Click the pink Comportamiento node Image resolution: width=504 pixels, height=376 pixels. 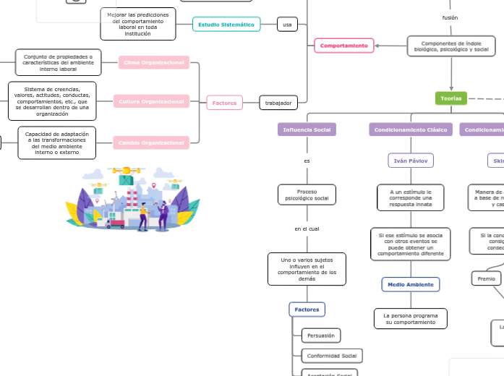[344, 46]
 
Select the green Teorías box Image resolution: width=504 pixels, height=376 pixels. [450, 98]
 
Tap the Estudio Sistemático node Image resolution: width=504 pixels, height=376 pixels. [226, 25]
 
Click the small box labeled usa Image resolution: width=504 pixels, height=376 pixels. [287, 25]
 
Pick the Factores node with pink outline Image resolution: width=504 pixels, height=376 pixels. [224, 103]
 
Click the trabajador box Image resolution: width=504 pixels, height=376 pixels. [278, 103]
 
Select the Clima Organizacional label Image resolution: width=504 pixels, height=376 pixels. [154, 63]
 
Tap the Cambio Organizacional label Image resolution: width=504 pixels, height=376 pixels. [154, 142]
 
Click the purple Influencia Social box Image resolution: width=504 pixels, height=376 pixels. [307, 129]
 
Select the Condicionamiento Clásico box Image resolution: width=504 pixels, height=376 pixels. [411, 129]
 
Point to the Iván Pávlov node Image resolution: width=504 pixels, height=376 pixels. [411, 160]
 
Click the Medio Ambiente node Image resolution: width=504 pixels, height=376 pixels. [411, 284]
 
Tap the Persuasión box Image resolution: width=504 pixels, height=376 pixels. [320, 336]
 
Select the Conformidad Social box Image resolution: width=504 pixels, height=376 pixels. [332, 356]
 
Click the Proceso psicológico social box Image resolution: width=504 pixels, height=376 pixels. [307, 195]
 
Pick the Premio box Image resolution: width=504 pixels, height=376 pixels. [486, 278]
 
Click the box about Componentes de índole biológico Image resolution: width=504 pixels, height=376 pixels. [451, 46]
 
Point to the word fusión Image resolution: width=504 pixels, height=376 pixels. [450, 17]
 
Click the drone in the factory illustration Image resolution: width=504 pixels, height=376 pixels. [124, 173]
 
